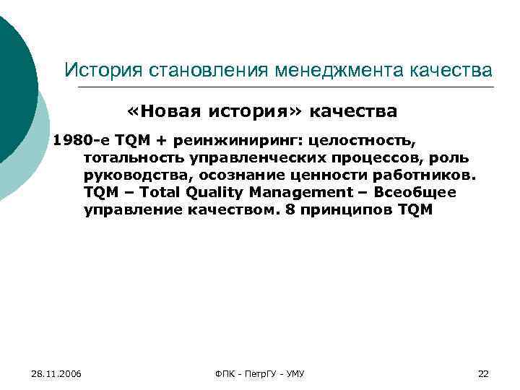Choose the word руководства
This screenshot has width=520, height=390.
(134, 175)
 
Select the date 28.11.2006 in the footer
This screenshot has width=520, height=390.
(57, 373)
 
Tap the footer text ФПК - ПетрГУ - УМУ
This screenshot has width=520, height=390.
(260, 373)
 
